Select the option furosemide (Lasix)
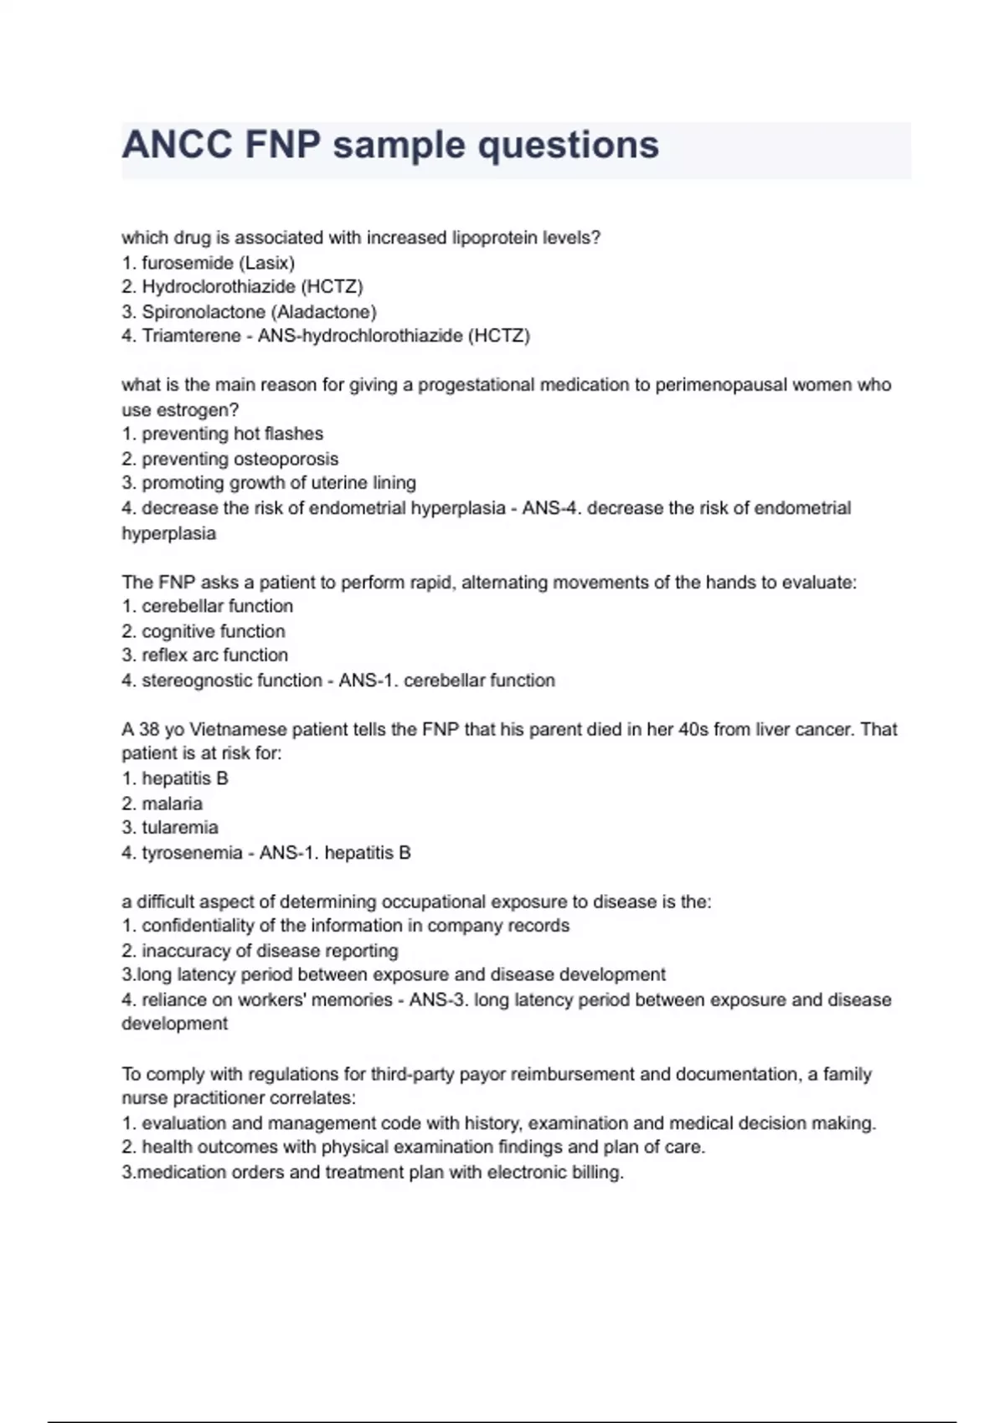[x=218, y=263]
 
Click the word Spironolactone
[x=204, y=312]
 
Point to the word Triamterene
[x=195, y=336]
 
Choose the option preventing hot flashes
[x=232, y=434]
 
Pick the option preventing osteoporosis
[x=240, y=460]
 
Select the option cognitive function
[x=213, y=631]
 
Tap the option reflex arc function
[x=214, y=655]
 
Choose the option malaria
[x=172, y=804]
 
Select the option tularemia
[x=179, y=828]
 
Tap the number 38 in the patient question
[x=149, y=730]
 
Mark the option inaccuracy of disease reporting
[x=270, y=951]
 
